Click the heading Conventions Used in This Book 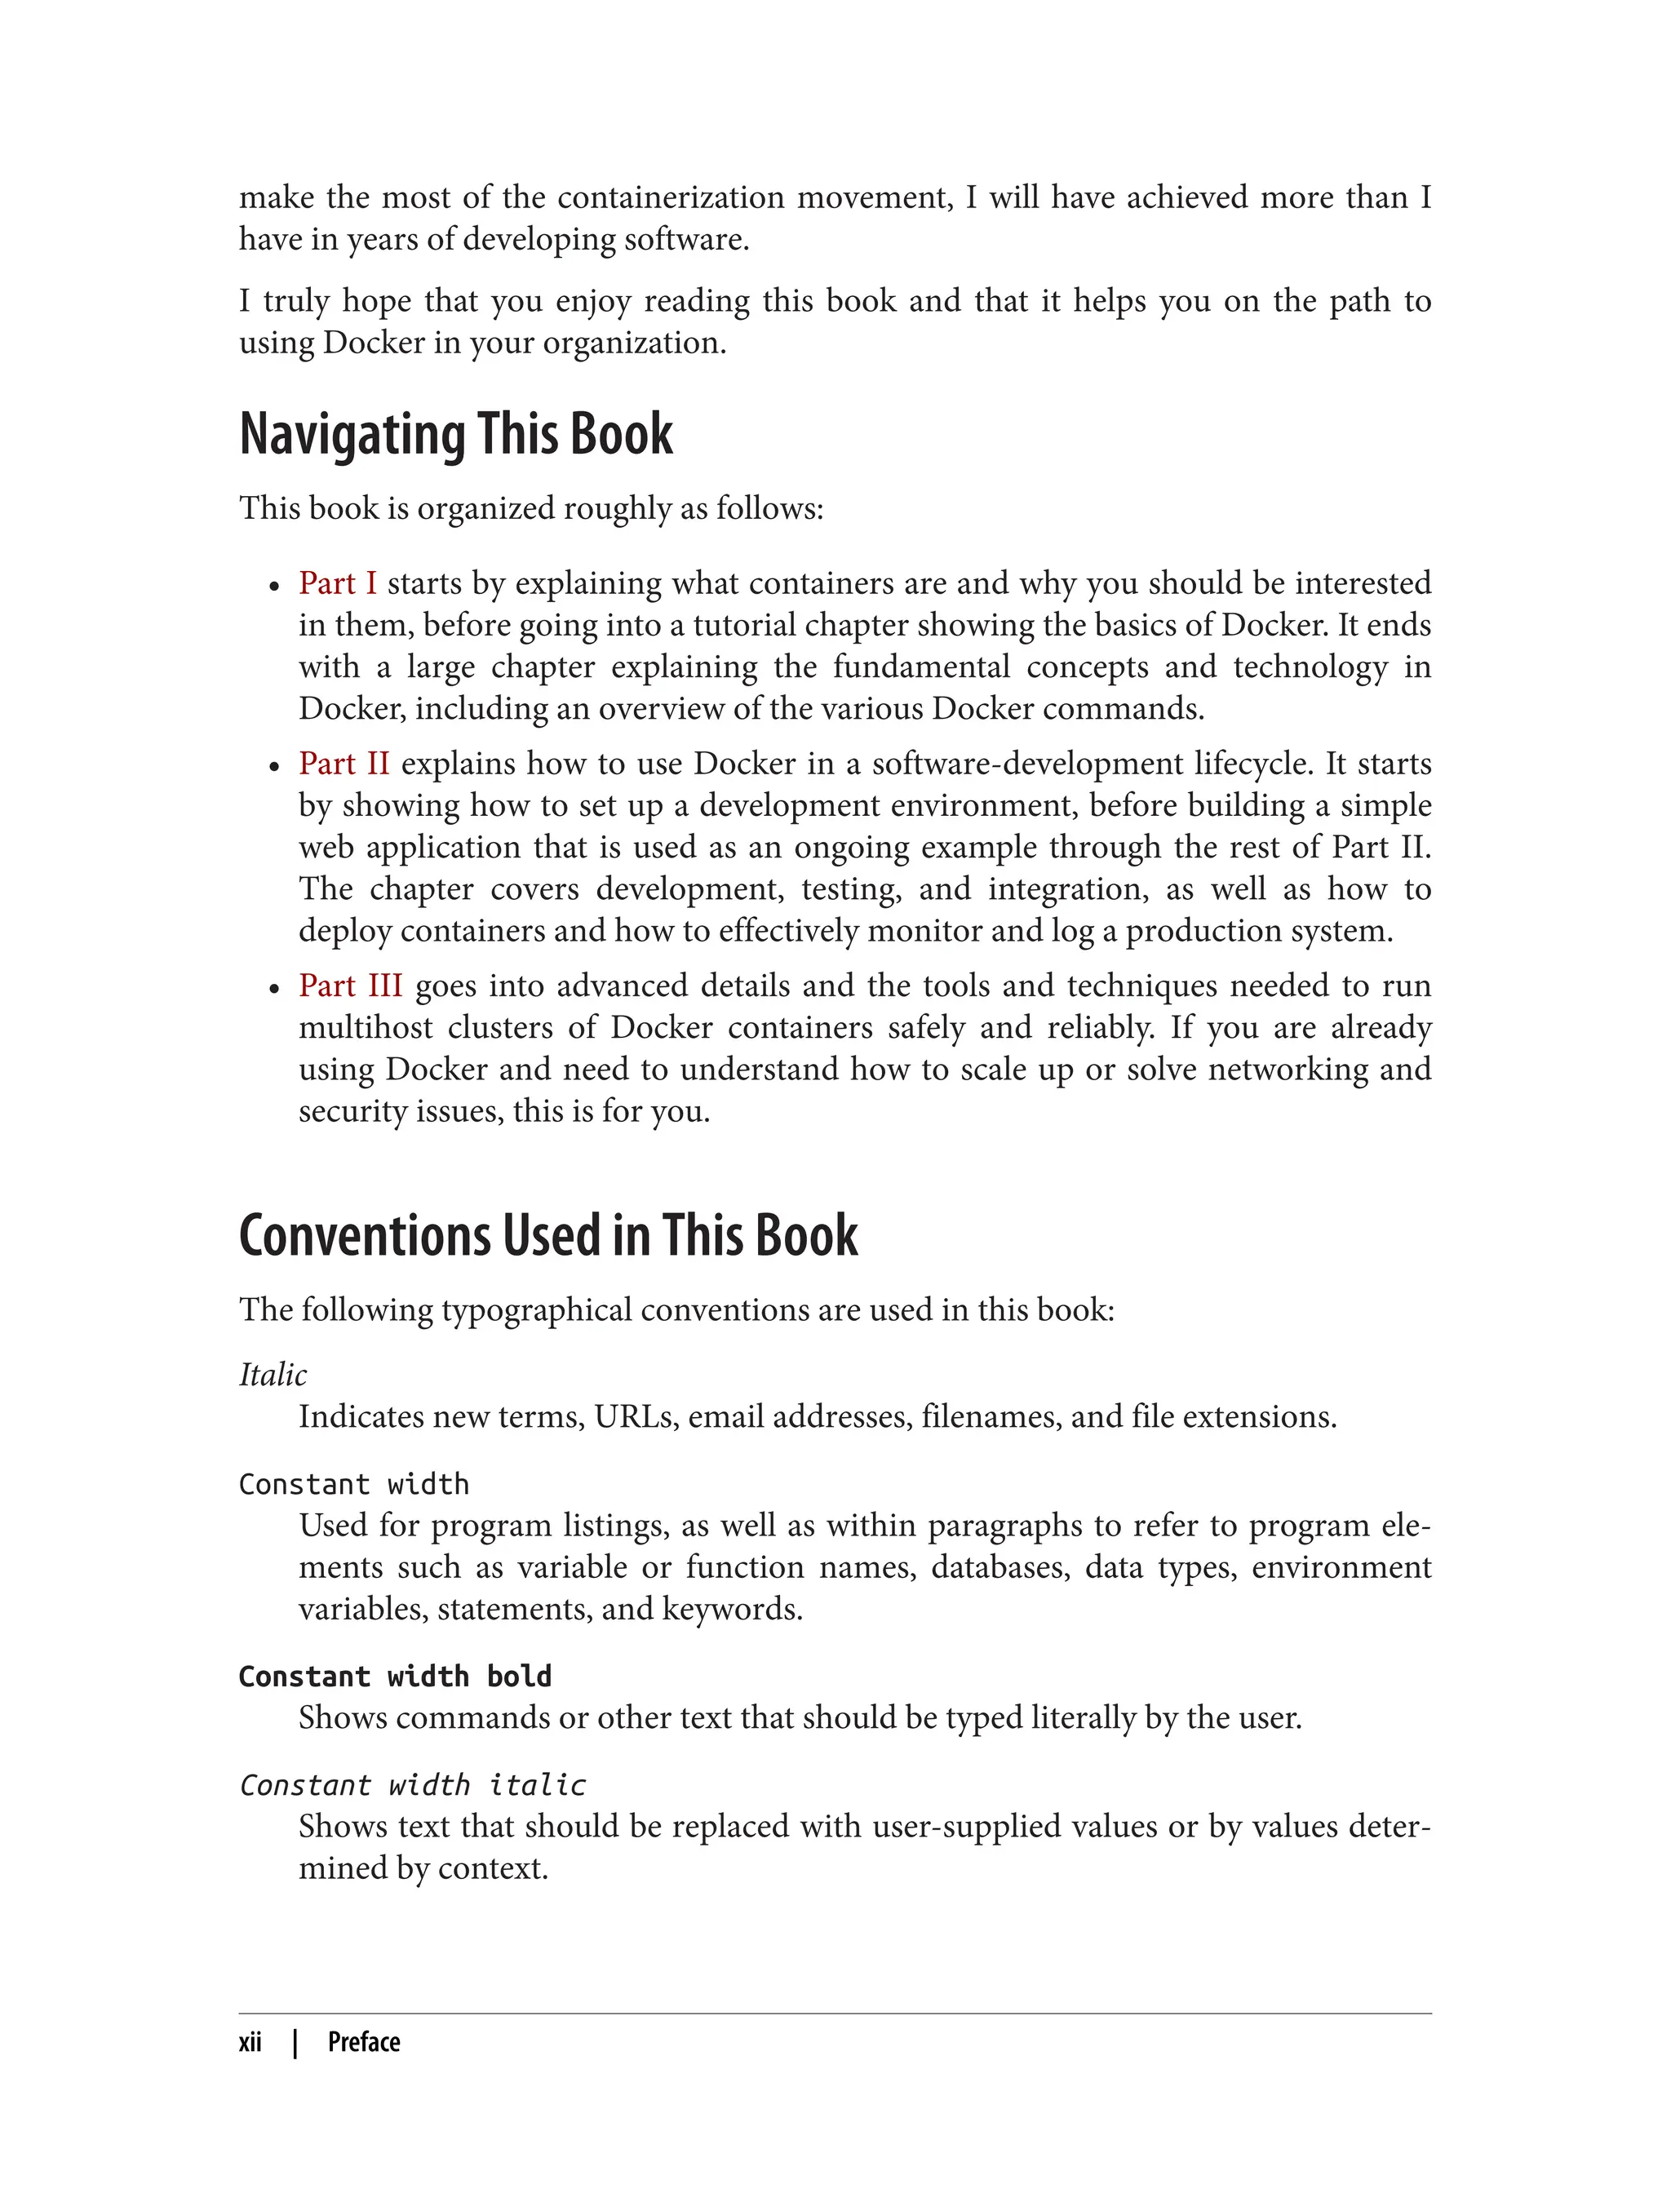tap(548, 1236)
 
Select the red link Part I tap(337, 583)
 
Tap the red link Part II tap(344, 764)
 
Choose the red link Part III tap(350, 986)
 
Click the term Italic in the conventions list tap(273, 1375)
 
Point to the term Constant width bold tap(395, 1676)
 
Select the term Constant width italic tap(412, 1785)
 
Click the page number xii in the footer tap(250, 2042)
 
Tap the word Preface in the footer tap(364, 2042)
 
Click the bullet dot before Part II tap(274, 768)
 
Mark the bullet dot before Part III tap(274, 990)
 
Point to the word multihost tap(366, 1027)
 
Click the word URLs tap(635, 1416)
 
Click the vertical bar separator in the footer tap(295, 2042)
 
